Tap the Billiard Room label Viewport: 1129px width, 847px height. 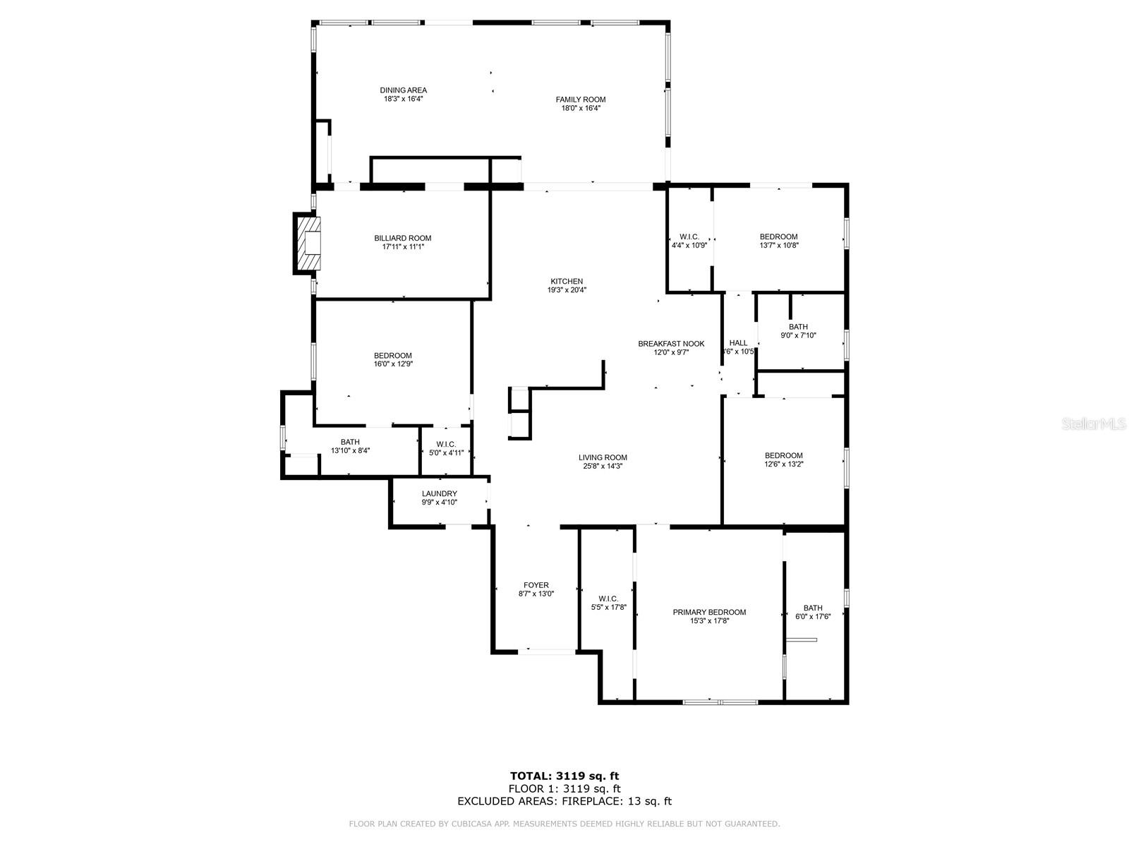402,239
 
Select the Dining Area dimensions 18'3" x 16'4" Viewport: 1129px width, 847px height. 403,100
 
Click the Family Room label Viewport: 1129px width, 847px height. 580,100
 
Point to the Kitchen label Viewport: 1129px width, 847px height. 567,281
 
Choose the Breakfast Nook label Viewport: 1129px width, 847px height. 671,344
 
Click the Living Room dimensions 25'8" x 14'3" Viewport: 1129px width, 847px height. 603,466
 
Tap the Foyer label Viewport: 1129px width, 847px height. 536,585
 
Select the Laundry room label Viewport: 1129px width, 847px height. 439,493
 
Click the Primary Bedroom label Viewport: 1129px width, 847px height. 708,612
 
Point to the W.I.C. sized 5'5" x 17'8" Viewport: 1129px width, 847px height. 608,602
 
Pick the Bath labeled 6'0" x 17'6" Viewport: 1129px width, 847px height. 812,611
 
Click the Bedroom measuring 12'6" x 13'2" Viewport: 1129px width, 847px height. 783,459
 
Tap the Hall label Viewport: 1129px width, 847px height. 738,343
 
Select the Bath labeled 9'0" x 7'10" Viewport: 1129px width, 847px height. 798,331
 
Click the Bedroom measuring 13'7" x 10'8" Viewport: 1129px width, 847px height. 778,241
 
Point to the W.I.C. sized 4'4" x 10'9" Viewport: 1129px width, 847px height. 689,241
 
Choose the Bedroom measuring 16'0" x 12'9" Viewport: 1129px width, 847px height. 392,359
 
